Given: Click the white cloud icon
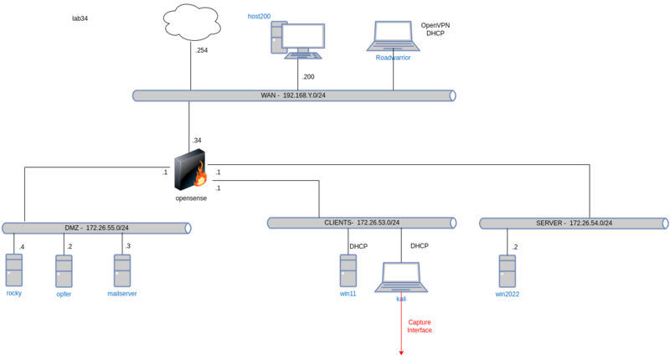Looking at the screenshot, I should click(x=193, y=23).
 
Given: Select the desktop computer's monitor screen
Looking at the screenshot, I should click(x=302, y=36).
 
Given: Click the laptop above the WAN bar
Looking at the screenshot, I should click(x=393, y=36).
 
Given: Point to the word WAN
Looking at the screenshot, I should click(x=268, y=95).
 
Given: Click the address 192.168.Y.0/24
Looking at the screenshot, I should click(x=304, y=95).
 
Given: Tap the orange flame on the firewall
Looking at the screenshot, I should click(x=200, y=176).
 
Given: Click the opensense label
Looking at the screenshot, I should click(x=191, y=198).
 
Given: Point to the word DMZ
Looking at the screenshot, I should click(x=73, y=228).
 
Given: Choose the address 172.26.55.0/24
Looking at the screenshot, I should click(x=107, y=228).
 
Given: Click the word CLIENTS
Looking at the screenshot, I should click(x=338, y=223).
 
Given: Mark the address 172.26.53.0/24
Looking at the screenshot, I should click(x=378, y=223).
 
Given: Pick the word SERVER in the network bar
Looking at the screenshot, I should click(x=549, y=224).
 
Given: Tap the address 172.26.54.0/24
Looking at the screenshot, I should click(x=590, y=224).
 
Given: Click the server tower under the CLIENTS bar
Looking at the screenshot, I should click(x=348, y=270).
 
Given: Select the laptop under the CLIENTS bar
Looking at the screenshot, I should click(x=401, y=276).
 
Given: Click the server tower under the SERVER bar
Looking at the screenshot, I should click(x=508, y=270).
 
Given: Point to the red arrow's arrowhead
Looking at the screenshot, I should click(x=401, y=352).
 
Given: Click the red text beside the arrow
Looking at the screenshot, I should click(x=419, y=326).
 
